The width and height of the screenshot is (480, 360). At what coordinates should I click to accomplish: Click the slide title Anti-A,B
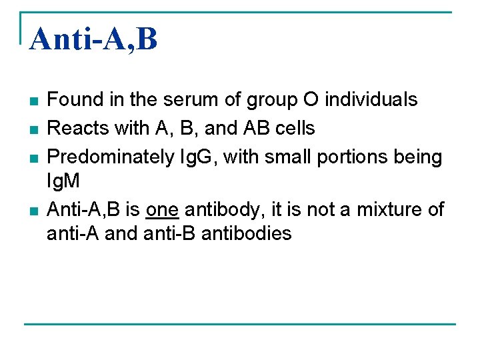click(x=94, y=39)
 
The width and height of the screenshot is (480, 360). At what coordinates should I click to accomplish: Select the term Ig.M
click(x=63, y=181)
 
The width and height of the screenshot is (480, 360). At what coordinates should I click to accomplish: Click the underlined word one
click(x=163, y=210)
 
